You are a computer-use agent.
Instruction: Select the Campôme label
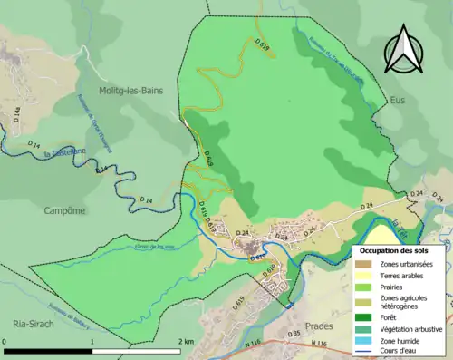pos(64,210)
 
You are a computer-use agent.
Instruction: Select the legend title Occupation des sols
pos(399,249)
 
